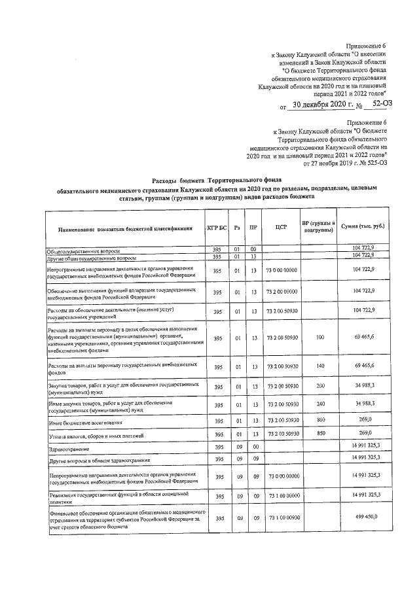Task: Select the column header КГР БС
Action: pyautogui.click(x=217, y=228)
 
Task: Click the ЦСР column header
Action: pyautogui.click(x=282, y=228)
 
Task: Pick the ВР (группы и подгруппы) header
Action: pyautogui.click(x=319, y=226)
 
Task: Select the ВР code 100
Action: pyautogui.click(x=319, y=338)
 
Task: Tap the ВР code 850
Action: pyautogui.click(x=319, y=434)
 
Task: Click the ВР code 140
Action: pyautogui.click(x=319, y=366)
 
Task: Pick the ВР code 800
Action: pyautogui.click(x=319, y=419)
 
